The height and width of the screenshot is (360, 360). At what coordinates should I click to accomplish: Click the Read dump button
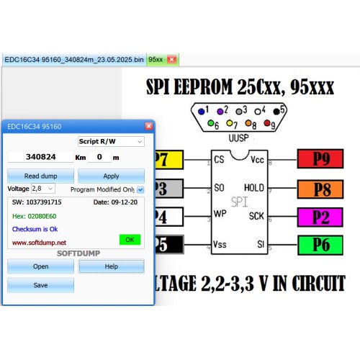40,176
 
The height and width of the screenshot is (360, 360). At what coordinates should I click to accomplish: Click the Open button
40,266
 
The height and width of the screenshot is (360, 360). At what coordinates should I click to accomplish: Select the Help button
112,266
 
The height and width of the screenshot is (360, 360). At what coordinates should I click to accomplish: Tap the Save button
40,285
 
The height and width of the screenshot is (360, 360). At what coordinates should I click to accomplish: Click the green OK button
130,240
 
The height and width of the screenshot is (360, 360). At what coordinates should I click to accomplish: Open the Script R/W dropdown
111,141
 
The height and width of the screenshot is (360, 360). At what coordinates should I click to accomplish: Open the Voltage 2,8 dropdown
43,189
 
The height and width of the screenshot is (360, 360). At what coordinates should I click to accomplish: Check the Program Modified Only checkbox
140,190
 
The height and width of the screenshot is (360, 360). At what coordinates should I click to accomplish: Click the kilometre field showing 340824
40,157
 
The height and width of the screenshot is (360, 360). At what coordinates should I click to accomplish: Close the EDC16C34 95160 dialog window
149,126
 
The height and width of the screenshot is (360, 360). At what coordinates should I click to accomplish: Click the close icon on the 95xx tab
171,59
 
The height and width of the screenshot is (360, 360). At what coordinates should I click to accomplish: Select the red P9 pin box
320,159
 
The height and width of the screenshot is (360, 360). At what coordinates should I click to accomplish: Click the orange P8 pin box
320,189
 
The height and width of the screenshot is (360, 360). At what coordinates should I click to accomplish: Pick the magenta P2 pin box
320,217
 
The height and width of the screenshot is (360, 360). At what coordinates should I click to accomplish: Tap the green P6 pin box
320,245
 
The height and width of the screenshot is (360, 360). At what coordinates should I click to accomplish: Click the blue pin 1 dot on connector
201,112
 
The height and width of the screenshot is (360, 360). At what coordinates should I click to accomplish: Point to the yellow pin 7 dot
230,123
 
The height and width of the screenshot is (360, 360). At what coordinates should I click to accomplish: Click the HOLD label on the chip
254,188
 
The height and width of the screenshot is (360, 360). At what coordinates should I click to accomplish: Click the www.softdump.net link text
39,243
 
